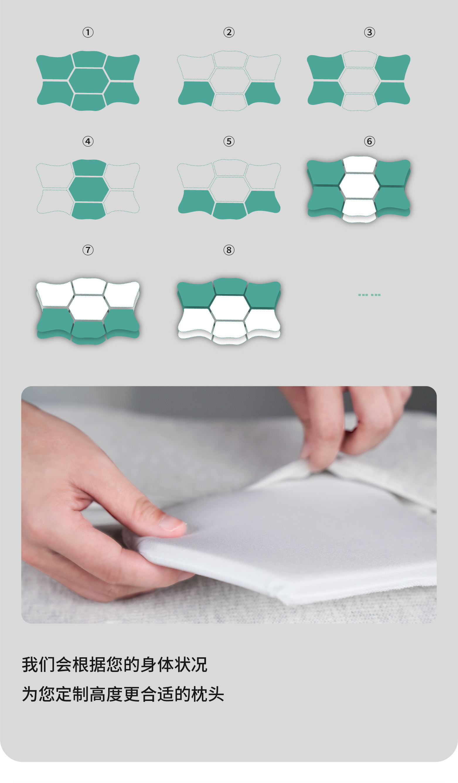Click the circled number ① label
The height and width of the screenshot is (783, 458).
(88, 32)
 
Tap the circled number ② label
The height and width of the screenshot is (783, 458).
(229, 32)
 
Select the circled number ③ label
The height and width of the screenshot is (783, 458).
(370, 32)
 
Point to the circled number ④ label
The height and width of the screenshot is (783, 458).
(88, 141)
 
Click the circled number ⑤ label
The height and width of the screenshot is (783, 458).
(229, 141)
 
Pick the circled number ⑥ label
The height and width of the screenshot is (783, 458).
(370, 141)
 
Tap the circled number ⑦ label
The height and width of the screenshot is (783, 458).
(88, 250)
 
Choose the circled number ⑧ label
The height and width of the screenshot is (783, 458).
(229, 250)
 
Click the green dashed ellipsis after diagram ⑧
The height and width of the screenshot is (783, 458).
(370, 295)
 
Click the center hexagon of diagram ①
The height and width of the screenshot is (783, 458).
(88, 81)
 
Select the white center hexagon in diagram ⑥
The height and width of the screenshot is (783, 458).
(360, 186)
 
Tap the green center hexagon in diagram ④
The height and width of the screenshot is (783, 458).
(88, 189)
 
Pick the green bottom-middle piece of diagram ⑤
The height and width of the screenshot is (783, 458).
(229, 211)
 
